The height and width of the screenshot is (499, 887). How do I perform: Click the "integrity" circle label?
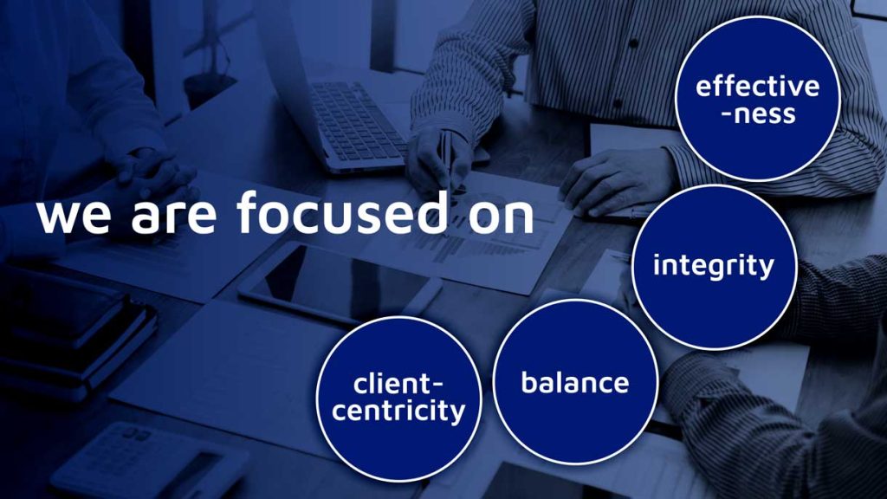point(714,265)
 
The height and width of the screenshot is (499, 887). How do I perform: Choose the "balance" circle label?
point(575,382)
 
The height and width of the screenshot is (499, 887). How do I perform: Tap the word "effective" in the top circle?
point(757,86)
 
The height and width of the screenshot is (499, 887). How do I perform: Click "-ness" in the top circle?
point(758,113)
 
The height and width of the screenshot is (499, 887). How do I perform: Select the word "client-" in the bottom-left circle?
point(398,384)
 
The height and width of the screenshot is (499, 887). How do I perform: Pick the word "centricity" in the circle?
point(398,412)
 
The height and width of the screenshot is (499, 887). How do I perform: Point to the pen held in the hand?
point(447,161)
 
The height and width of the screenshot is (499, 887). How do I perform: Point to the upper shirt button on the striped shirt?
point(632,43)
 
